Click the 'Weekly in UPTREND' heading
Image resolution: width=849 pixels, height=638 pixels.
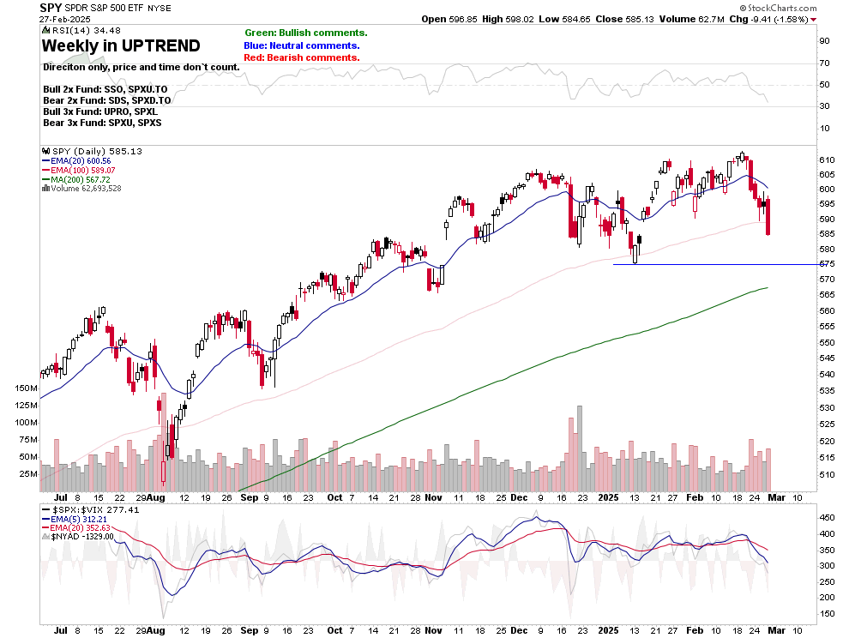pos(121,45)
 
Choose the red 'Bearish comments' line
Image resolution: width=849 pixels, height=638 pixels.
pos(302,57)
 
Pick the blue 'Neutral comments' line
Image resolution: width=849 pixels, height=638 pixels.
pos(302,45)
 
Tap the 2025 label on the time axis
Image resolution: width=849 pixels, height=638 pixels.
pos(607,497)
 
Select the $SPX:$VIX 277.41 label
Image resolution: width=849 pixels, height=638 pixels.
pos(85,509)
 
